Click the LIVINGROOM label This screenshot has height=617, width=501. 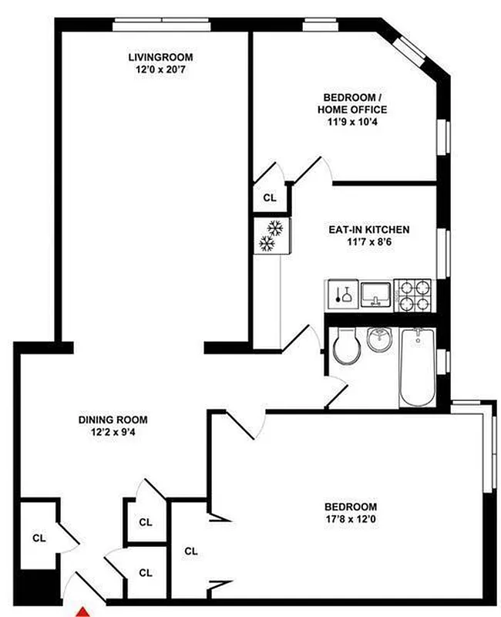160,58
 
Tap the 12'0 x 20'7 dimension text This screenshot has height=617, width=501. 160,70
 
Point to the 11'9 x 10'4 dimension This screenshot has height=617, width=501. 351,122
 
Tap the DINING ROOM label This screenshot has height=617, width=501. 113,420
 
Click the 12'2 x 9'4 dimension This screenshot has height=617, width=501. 113,433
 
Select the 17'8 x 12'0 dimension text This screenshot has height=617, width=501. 350,519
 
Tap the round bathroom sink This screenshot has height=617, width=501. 380,339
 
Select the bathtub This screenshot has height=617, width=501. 417,367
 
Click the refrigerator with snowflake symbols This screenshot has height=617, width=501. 271,236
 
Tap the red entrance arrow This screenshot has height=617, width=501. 82,611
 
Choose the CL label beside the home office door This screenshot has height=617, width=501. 269,197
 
